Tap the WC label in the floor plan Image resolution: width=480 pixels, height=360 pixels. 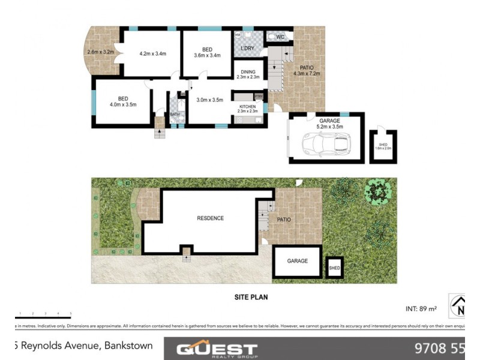[280, 37]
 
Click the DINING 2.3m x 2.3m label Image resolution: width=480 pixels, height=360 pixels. [248, 74]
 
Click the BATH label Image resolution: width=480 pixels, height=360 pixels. [175, 114]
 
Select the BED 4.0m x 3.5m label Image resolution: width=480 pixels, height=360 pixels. [122, 101]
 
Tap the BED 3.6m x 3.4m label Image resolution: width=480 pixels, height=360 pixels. [207, 52]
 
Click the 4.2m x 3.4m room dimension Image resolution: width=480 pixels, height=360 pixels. [152, 54]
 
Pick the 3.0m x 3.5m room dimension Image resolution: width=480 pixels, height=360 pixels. [209, 100]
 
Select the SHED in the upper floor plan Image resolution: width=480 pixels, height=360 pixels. [383, 146]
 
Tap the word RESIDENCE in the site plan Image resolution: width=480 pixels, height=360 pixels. [210, 218]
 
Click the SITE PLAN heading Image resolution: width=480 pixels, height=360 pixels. [250, 296]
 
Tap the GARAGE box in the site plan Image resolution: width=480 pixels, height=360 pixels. [298, 261]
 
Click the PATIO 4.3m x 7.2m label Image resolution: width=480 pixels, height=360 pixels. [307, 71]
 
